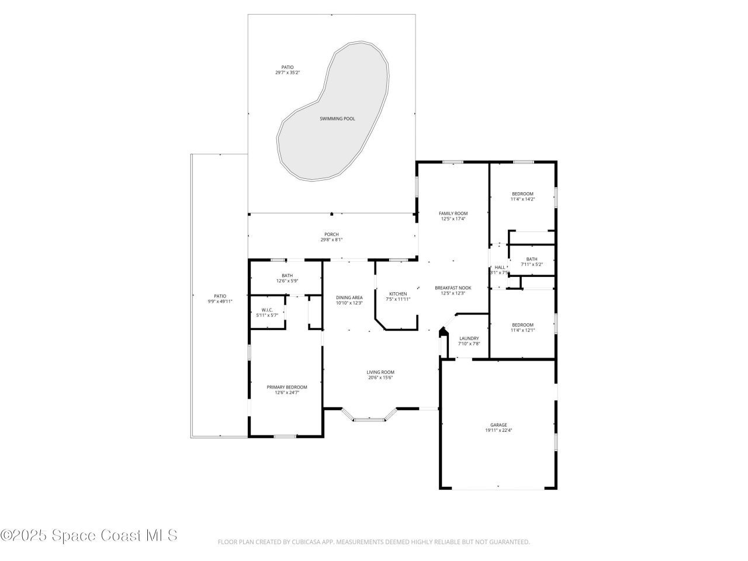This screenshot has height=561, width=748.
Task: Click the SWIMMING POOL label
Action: tap(337, 119)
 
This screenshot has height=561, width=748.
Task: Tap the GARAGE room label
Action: tap(498, 425)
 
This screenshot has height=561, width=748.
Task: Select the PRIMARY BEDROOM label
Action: tap(287, 387)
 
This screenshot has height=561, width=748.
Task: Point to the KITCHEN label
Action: tap(398, 294)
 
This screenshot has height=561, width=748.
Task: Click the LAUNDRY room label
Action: tap(469, 338)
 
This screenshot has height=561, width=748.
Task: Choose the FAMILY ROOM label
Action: tap(453, 213)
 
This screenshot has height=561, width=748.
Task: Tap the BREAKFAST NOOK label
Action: tap(453, 288)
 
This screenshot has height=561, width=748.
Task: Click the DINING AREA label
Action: tap(349, 297)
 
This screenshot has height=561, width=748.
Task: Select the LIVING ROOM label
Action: tap(380, 372)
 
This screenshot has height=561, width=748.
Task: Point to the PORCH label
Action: tap(332, 234)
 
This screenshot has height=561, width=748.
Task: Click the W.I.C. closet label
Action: tap(267, 310)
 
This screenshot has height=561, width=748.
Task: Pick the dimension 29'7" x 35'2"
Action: tap(288, 72)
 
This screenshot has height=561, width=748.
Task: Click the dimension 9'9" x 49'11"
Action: tap(220, 302)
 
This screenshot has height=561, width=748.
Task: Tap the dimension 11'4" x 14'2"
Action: tap(522, 199)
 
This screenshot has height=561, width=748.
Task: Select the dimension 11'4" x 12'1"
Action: tap(522, 330)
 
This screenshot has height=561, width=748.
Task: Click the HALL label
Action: tap(500, 267)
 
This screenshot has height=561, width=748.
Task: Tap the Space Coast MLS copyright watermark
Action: tap(89, 535)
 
